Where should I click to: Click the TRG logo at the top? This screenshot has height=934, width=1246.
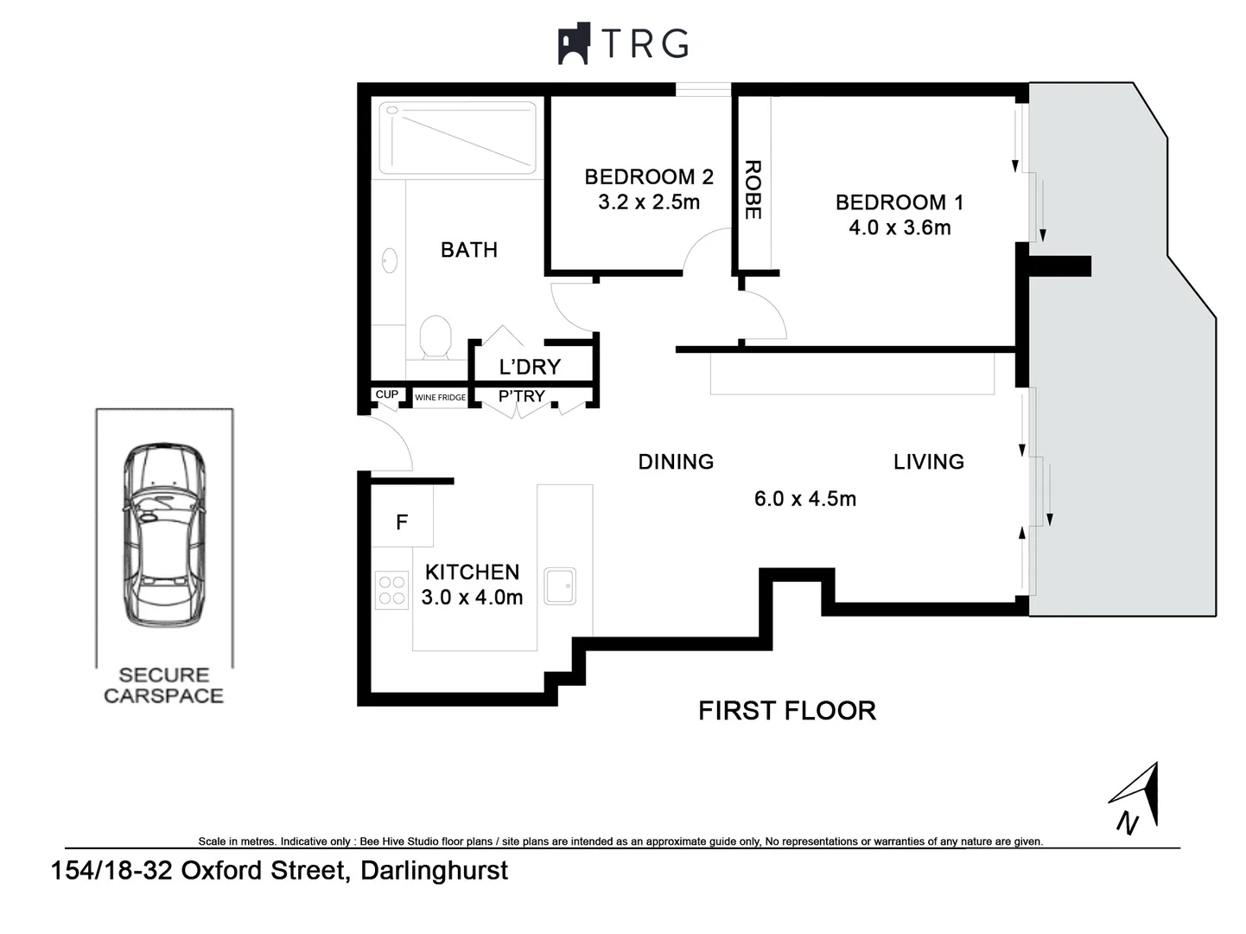click(623, 43)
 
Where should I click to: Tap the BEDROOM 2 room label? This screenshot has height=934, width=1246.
click(649, 176)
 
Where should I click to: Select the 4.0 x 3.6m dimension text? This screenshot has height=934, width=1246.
click(900, 227)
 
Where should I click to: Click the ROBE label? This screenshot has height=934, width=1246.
click(753, 189)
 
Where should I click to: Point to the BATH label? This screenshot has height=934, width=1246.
click(469, 250)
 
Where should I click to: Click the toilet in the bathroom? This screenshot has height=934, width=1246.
click(435, 336)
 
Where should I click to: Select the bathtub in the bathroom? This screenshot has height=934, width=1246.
click(458, 138)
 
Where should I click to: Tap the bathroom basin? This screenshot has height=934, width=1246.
click(390, 259)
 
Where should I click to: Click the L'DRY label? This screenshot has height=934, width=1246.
click(530, 367)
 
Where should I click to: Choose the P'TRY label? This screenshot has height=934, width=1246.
click(522, 396)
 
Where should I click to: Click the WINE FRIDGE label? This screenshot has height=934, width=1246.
click(440, 398)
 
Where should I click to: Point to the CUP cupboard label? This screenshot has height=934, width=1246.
click(386, 394)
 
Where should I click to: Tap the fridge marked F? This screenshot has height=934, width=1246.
click(402, 521)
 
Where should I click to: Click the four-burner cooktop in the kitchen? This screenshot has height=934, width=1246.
click(391, 591)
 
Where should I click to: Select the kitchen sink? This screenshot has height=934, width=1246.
click(560, 585)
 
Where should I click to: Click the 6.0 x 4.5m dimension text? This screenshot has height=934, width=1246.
click(805, 499)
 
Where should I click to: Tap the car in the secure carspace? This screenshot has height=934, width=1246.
click(164, 534)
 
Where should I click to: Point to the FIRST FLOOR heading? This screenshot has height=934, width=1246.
click(787, 711)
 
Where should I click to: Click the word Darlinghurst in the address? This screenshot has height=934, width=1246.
click(434, 870)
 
